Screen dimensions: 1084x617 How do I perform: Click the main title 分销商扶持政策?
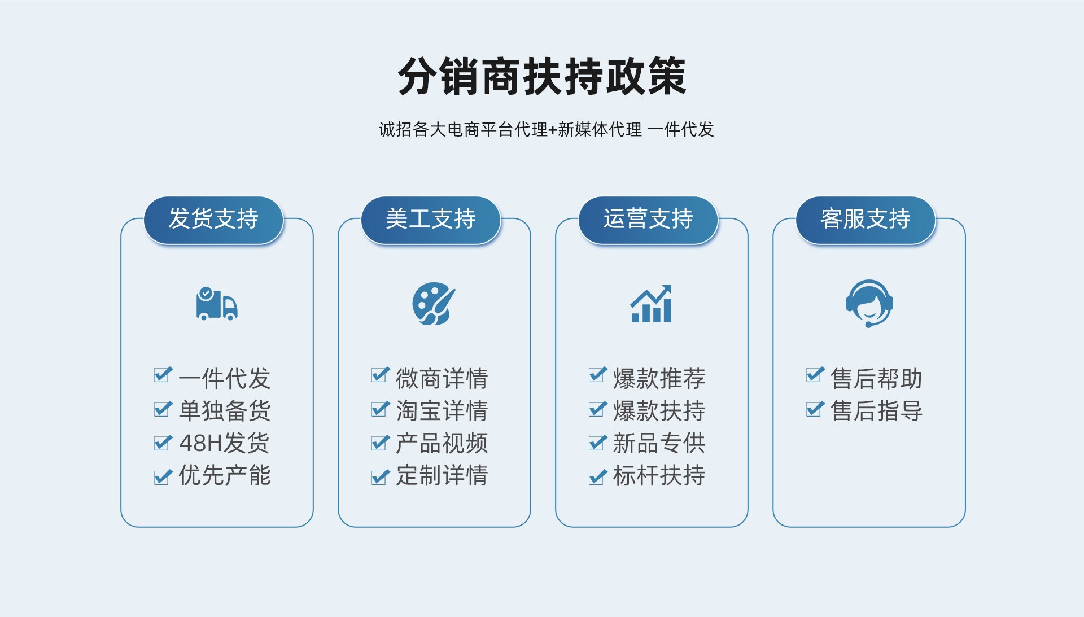542,76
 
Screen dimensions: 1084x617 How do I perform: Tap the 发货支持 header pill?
213,220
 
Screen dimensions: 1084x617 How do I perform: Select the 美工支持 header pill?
431,220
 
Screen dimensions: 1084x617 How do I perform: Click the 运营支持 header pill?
648,220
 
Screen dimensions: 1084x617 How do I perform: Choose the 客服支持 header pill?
866,220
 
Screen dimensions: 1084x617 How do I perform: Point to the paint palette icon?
434,304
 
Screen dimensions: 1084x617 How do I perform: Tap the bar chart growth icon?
651,304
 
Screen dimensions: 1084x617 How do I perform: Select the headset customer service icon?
869,304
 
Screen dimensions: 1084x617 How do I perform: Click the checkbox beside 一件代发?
163,375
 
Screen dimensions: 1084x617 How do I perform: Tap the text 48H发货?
224,443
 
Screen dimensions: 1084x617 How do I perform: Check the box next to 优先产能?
163,477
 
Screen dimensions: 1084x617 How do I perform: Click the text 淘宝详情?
442,411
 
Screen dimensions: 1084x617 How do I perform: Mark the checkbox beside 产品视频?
381,443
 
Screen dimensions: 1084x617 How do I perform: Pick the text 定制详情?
442,475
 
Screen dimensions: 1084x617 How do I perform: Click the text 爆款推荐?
659,378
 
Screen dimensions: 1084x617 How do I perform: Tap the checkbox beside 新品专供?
598,443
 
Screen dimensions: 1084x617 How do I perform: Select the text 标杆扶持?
659,475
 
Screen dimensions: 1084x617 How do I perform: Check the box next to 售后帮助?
815,375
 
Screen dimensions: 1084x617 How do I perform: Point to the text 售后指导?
876,411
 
